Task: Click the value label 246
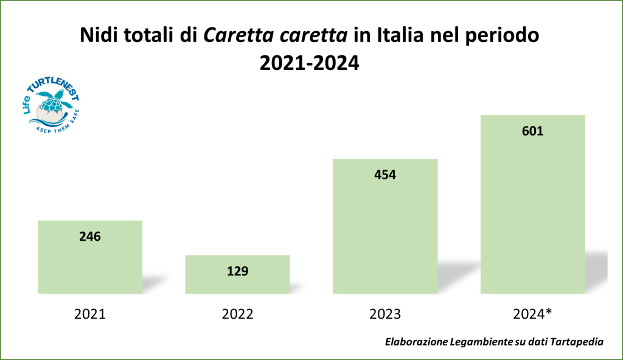[90, 237]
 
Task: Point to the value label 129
[237, 271]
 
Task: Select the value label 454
[385, 175]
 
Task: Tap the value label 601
[532, 131]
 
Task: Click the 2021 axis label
[90, 314]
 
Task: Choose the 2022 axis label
[237, 314]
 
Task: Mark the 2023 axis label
[385, 314]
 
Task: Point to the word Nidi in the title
[99, 36]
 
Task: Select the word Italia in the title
[397, 36]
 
